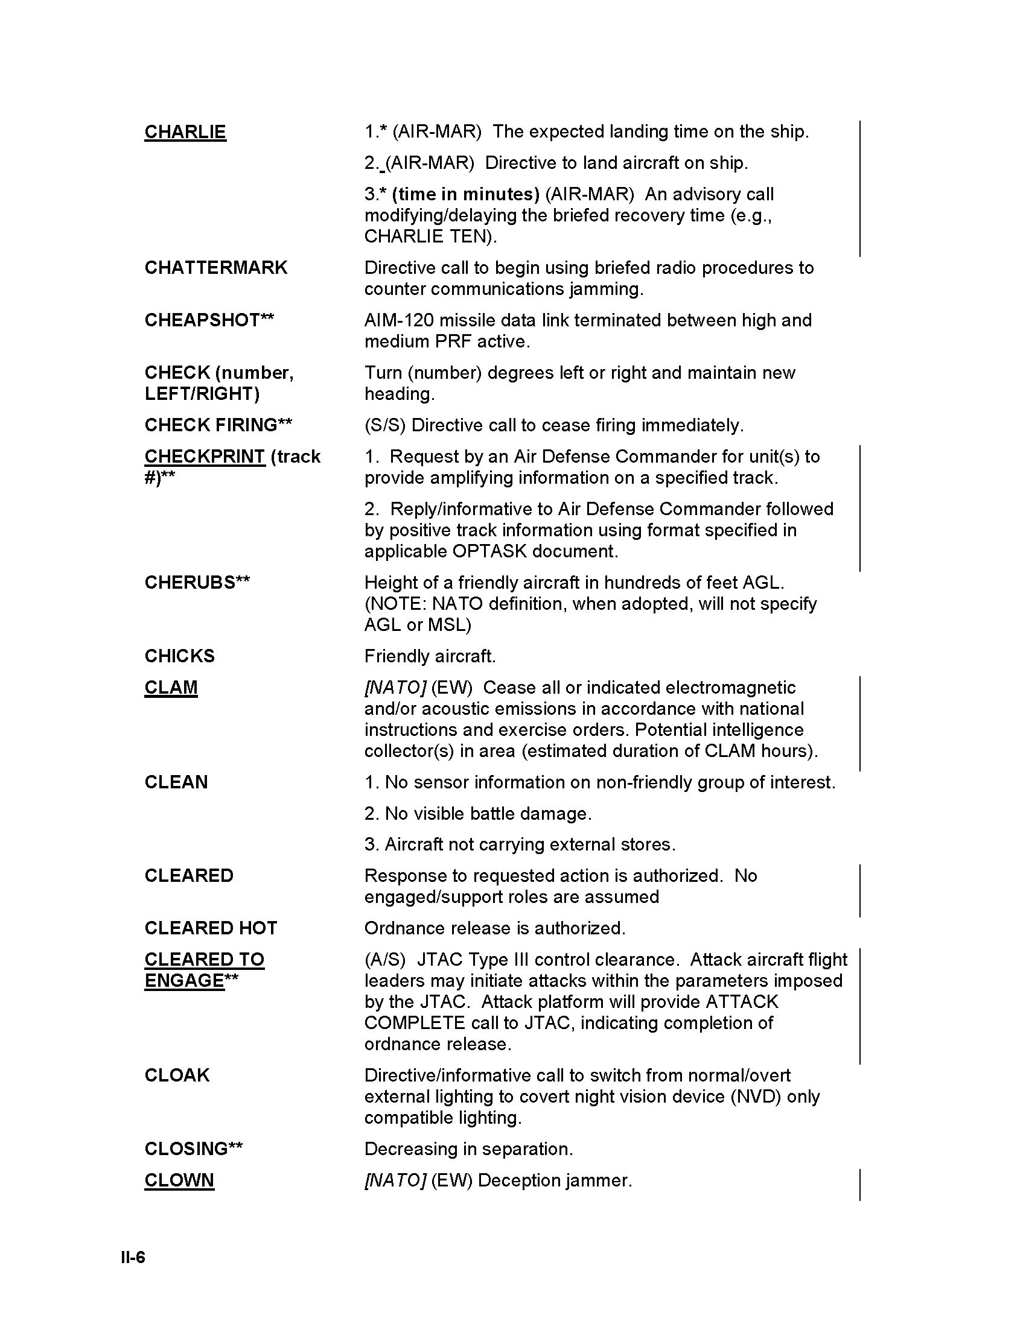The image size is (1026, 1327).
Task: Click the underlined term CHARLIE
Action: (x=185, y=132)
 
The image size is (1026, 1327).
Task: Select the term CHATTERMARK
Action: (x=216, y=267)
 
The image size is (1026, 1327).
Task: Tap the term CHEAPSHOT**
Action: (x=209, y=320)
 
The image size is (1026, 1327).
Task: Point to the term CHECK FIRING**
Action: (x=218, y=425)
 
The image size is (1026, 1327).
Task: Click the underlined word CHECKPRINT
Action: (x=205, y=457)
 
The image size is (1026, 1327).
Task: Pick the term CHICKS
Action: (x=179, y=656)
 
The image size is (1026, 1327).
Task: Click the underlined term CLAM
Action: (x=171, y=687)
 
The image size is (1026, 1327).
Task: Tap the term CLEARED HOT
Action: (x=210, y=928)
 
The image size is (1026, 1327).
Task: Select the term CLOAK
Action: (x=177, y=1075)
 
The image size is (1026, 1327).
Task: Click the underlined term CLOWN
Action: (x=179, y=1180)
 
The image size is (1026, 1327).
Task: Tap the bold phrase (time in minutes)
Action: (x=465, y=194)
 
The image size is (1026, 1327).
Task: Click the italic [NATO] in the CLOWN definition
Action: (x=395, y=1180)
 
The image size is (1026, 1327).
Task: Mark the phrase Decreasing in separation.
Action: (x=468, y=1148)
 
